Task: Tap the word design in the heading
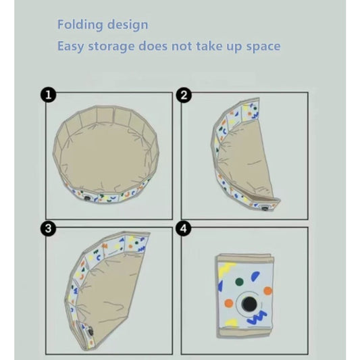click(x=126, y=25)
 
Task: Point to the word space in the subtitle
click(x=262, y=47)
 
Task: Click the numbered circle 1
click(x=48, y=95)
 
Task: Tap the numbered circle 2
click(x=184, y=95)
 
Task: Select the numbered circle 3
click(x=48, y=229)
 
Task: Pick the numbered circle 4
click(x=184, y=229)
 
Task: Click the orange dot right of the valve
click(x=267, y=291)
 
